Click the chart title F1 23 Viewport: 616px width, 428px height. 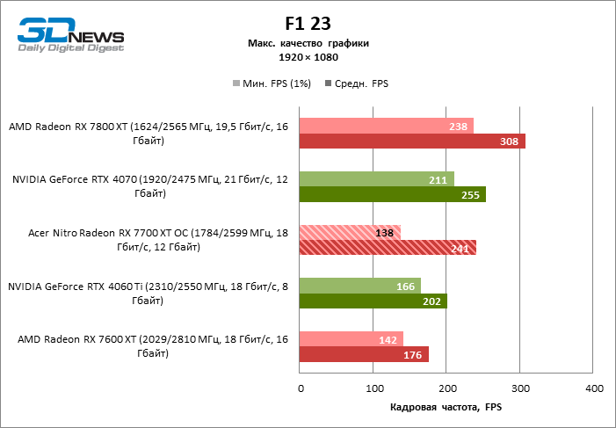click(308, 24)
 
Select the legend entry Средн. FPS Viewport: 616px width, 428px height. click(357, 83)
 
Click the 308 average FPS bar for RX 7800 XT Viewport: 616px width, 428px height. click(412, 141)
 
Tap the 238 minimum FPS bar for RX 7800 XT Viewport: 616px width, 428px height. click(387, 126)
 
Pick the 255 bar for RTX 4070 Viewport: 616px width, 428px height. click(393, 194)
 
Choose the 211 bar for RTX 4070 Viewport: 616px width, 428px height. click(377, 179)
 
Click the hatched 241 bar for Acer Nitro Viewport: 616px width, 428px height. click(388, 248)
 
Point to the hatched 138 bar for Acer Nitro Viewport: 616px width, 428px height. click(350, 233)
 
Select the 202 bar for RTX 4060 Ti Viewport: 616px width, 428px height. click(373, 301)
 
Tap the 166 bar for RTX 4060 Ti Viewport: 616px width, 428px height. click(360, 287)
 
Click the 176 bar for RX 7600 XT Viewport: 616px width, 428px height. click(364, 355)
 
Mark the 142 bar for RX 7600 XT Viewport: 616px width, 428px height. click(351, 340)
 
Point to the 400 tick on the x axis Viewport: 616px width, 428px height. click(594, 388)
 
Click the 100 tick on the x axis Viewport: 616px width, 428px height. click(373, 388)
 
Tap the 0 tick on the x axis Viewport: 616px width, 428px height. click(301, 388)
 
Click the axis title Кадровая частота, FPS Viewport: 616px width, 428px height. click(446, 408)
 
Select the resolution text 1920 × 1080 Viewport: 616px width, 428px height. click(308, 57)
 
